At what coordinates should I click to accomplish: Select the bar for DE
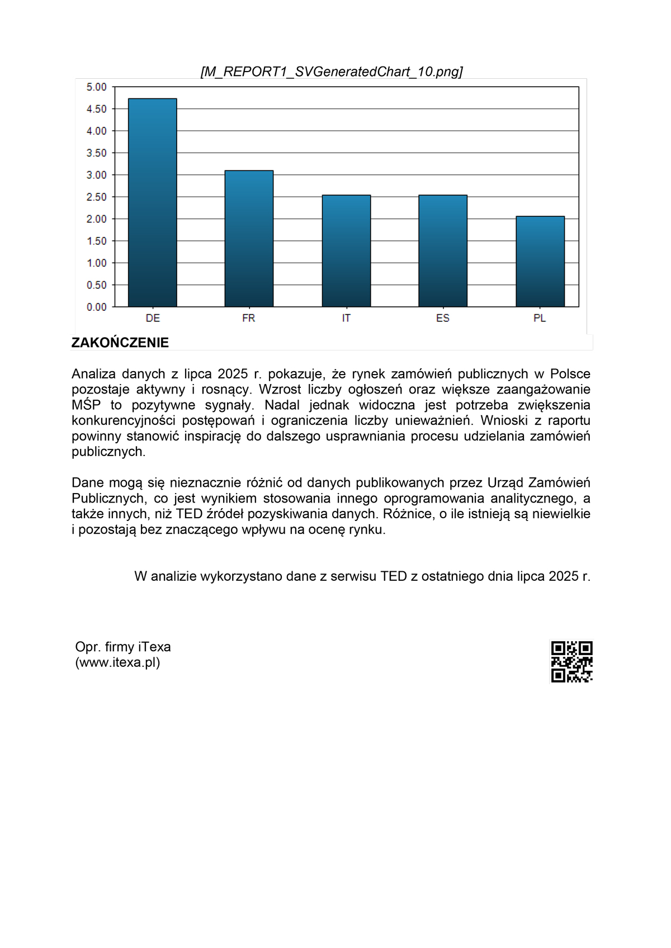point(153,202)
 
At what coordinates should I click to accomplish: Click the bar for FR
point(249,239)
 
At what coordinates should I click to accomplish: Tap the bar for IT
point(346,251)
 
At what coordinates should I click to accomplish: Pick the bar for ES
point(443,251)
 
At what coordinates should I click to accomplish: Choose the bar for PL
point(540,262)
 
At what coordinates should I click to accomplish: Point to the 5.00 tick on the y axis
point(96,87)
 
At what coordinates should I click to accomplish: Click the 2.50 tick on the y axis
point(96,197)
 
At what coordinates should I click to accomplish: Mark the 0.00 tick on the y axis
point(96,307)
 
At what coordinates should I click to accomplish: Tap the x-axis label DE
point(153,318)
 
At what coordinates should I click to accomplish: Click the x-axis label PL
point(540,318)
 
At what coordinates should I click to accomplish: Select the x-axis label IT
point(346,318)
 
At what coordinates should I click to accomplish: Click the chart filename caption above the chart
point(332,72)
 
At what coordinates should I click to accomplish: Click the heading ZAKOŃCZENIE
point(120,343)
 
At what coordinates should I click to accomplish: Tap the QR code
point(571,662)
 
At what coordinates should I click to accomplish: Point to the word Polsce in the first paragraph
point(570,374)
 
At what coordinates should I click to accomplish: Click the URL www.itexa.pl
point(117,663)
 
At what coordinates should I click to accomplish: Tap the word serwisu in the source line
point(353,576)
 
